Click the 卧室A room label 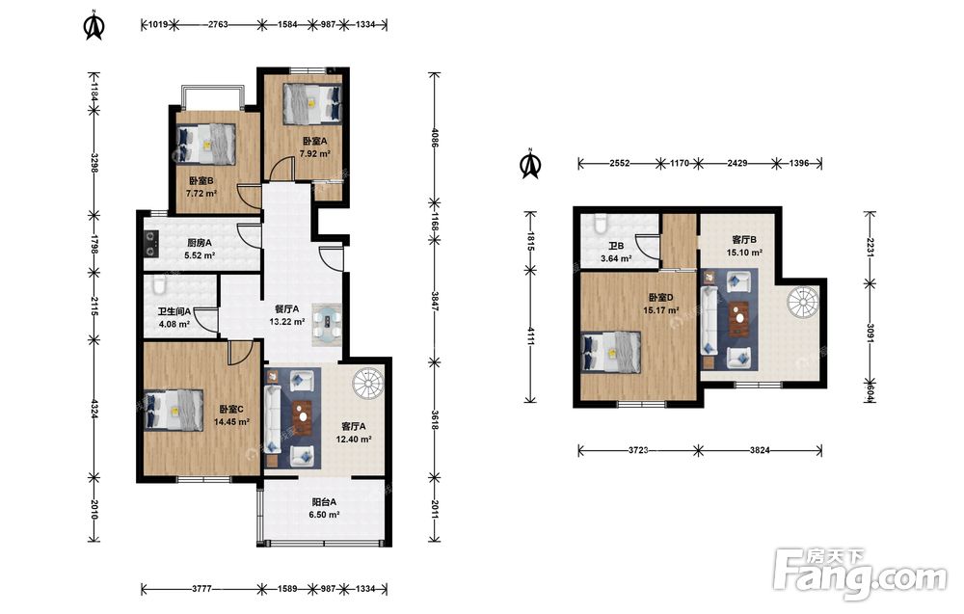click(314, 141)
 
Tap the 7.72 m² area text click(201, 194)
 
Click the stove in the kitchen click(150, 242)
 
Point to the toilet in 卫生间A click(159, 285)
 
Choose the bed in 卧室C click(174, 410)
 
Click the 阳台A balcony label click(323, 501)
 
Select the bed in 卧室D click(610, 353)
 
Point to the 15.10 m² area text click(744, 252)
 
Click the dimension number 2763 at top click(218, 25)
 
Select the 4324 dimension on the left click(94, 408)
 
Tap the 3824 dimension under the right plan click(760, 450)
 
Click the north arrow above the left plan click(94, 25)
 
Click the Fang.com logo click(860, 574)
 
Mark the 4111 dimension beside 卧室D click(530, 335)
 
